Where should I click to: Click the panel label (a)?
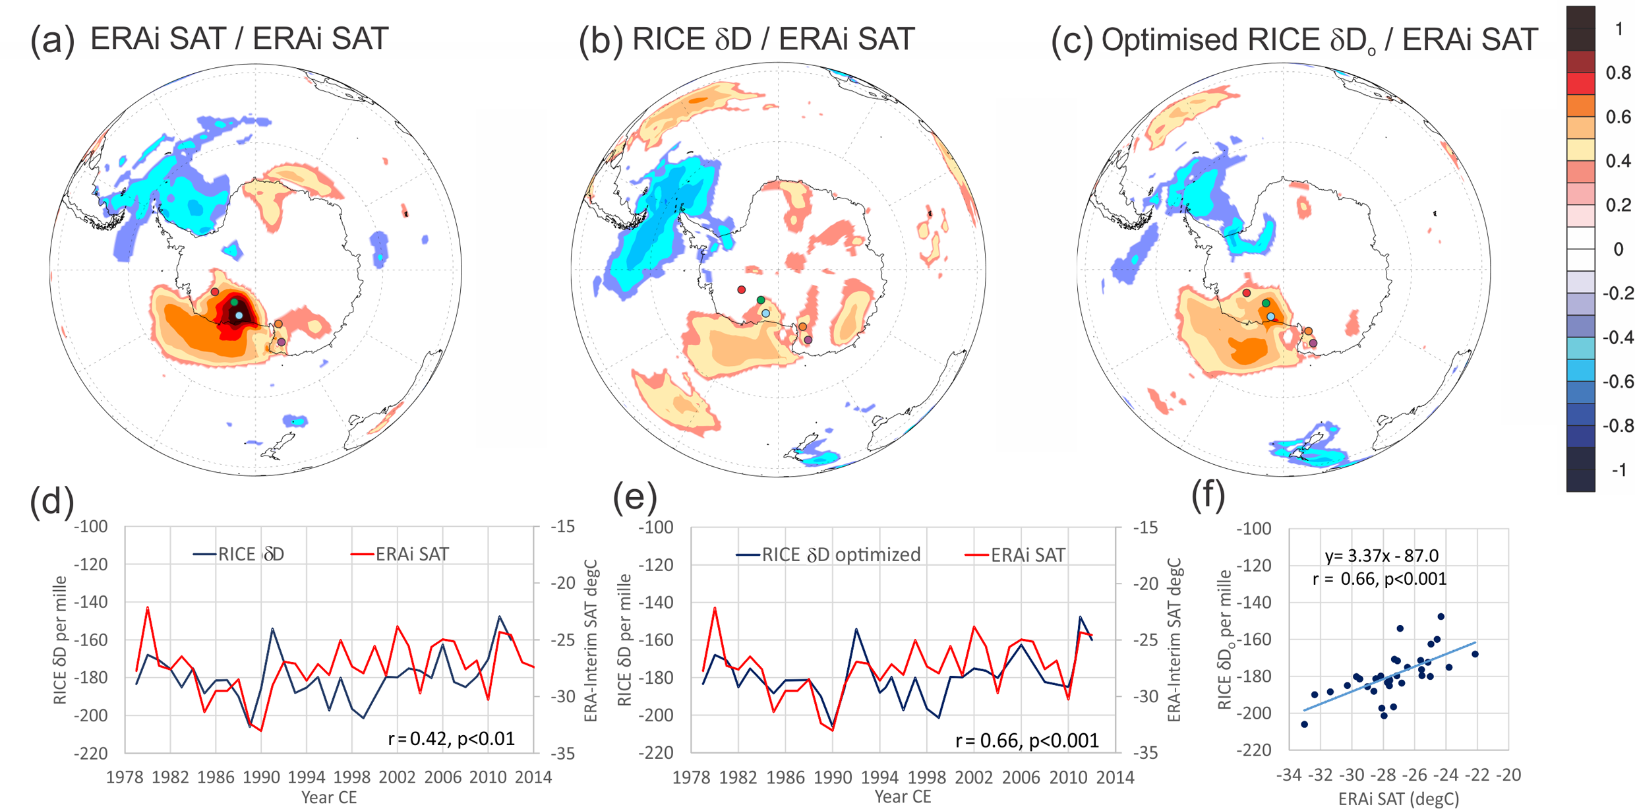click(x=51, y=40)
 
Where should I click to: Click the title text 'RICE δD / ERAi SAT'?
click(x=773, y=39)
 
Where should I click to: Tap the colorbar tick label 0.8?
click(x=1618, y=73)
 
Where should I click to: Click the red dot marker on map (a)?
click(x=215, y=291)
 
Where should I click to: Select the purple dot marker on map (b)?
click(x=808, y=340)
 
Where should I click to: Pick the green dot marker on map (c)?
click(x=1266, y=303)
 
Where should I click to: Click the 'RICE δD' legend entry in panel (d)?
click(x=239, y=554)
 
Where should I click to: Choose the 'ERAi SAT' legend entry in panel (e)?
click(x=1015, y=555)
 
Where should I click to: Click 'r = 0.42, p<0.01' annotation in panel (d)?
click(x=451, y=738)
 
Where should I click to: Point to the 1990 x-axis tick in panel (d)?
click(x=261, y=777)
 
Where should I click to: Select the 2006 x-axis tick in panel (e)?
click(x=1021, y=777)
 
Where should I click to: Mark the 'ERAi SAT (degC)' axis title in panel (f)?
click(x=1398, y=799)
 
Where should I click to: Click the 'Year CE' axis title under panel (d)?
click(x=328, y=798)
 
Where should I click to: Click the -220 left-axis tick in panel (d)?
click(x=90, y=753)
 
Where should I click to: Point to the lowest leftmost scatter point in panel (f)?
click(x=1304, y=724)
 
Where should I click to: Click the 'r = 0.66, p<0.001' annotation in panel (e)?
click(x=1027, y=740)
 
